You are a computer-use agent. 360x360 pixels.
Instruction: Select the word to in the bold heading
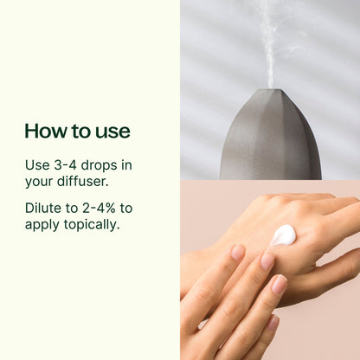pos(82,132)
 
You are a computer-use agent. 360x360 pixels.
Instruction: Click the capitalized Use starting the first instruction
pos(38,165)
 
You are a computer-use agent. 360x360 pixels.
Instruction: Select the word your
pos(40,183)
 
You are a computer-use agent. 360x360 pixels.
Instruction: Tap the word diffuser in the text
pos(83,183)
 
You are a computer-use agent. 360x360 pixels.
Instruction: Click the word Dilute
pos(45,209)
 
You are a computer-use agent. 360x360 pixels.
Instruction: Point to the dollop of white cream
pos(283,235)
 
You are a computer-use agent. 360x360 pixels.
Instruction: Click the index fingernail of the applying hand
pos(238,253)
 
